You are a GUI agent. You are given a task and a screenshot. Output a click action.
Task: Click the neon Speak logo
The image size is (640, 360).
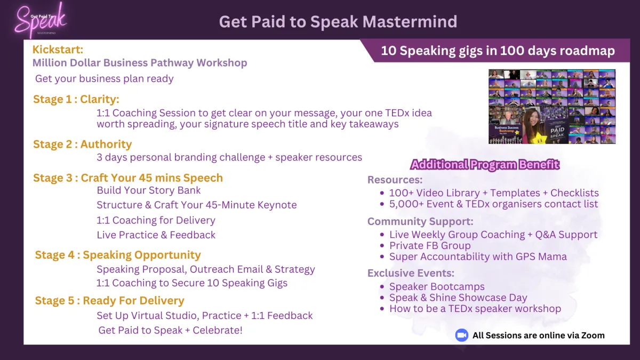click(x=41, y=21)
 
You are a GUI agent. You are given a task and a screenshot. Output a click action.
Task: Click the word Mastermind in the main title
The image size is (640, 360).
click(x=410, y=22)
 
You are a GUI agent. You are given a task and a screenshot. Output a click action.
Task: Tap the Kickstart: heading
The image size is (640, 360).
click(x=58, y=50)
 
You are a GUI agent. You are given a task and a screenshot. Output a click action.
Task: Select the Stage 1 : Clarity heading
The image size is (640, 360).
click(x=76, y=99)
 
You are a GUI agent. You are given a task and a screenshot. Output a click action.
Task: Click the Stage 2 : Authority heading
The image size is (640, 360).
click(x=82, y=145)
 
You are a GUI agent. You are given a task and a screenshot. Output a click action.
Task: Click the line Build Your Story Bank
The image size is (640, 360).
click(x=149, y=190)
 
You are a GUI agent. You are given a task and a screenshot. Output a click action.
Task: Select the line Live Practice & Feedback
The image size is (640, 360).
click(x=156, y=235)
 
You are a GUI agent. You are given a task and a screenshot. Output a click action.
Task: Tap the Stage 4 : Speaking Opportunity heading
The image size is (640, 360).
click(x=118, y=255)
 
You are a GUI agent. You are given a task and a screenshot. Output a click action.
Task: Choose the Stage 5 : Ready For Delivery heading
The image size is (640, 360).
click(x=109, y=301)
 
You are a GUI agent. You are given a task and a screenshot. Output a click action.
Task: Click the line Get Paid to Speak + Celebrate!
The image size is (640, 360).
click(x=170, y=330)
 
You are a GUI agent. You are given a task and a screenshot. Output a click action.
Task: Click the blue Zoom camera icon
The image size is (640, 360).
click(x=461, y=335)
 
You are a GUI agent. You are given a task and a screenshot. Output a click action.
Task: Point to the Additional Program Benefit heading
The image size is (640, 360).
click(x=485, y=165)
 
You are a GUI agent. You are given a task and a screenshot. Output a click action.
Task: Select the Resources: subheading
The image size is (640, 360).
click(x=395, y=180)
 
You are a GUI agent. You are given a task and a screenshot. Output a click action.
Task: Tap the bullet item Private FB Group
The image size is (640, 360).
click(x=430, y=246)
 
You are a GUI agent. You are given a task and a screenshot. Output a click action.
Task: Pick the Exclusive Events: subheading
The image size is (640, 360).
click(x=411, y=273)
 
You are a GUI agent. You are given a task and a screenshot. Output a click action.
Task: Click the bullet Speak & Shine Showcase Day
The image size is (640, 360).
click(x=458, y=298)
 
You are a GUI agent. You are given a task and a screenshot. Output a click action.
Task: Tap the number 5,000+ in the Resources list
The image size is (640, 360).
click(x=406, y=204)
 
